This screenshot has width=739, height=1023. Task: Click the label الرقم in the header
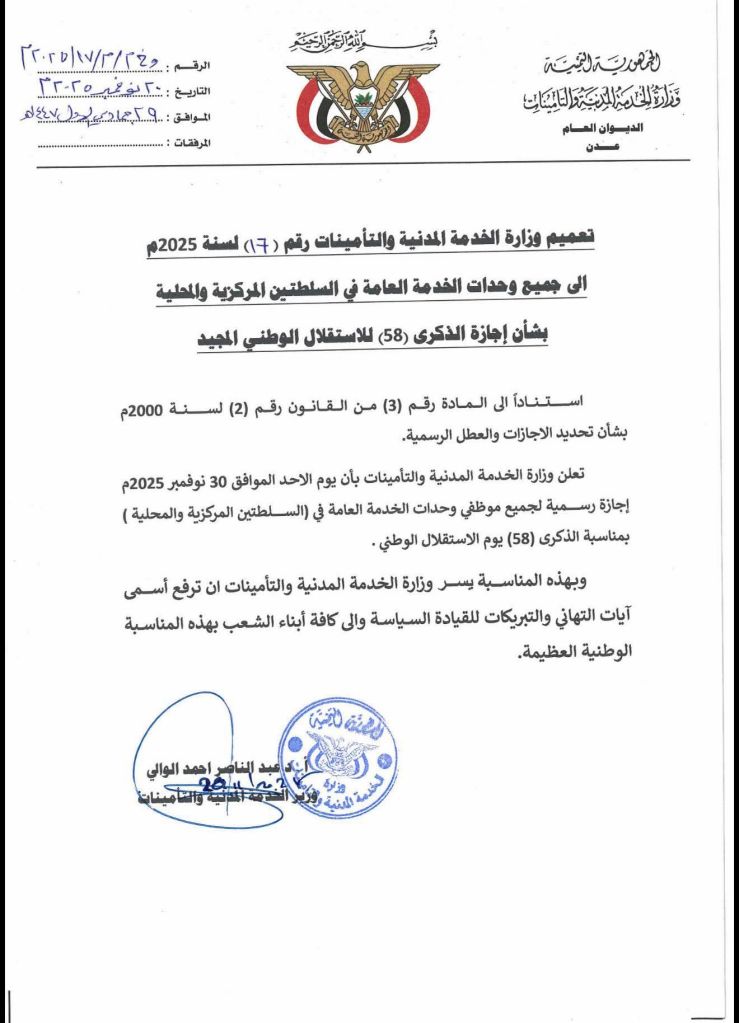193,66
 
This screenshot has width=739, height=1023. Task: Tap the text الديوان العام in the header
609,130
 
